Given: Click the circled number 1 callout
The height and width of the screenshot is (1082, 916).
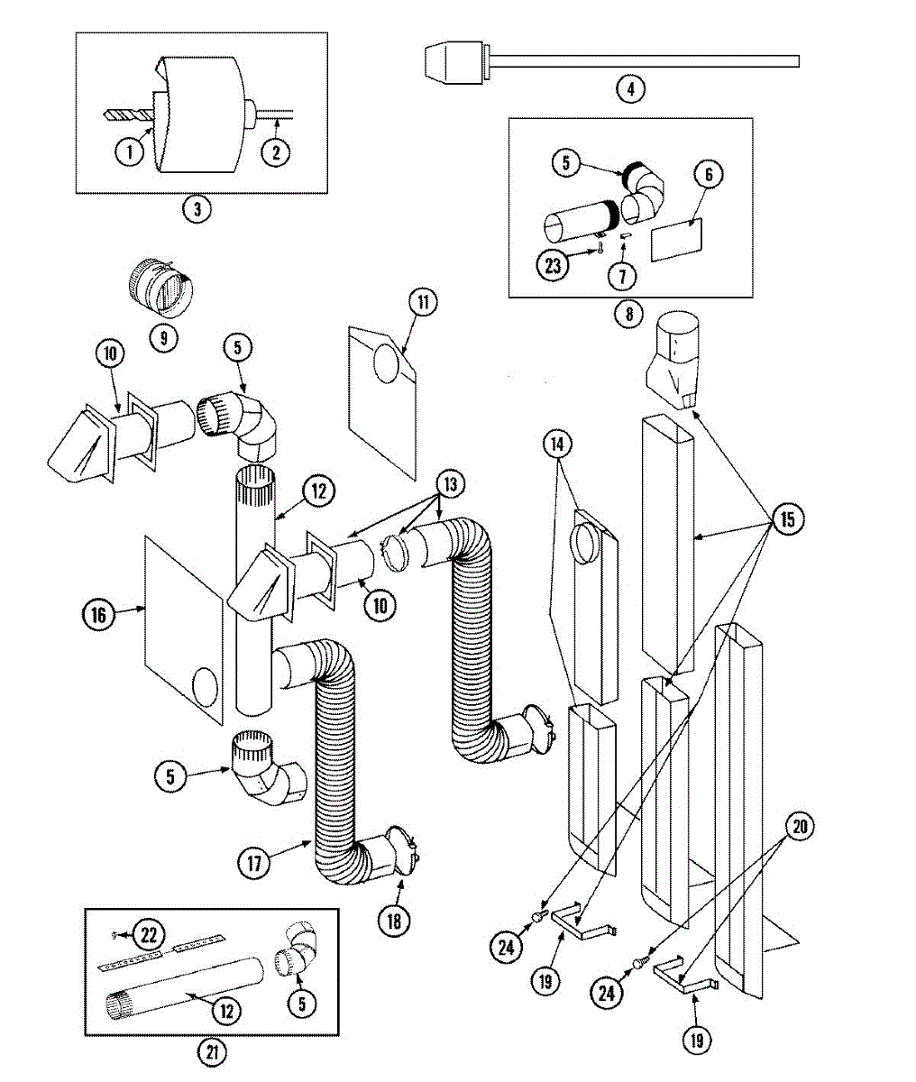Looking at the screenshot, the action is coord(129,152).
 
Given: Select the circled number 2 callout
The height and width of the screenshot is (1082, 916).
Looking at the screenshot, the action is coord(276,152).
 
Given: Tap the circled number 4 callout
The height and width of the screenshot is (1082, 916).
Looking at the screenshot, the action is coord(630,89).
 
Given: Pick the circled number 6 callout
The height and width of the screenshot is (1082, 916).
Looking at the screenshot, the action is coord(709,174).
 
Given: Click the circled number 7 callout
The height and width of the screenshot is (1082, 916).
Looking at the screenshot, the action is coord(622,276).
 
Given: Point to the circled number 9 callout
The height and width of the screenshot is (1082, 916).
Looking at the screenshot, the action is coord(164,338).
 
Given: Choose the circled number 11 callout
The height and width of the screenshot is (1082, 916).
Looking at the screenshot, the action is coord(423,302).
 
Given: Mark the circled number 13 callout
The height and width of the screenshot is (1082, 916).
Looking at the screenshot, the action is coord(450,484).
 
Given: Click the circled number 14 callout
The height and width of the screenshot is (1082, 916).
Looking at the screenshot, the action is coord(557,444).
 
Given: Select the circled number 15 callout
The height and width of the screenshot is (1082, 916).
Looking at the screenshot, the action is coord(788,519).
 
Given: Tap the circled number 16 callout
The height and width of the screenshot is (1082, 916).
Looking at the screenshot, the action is coord(98,615).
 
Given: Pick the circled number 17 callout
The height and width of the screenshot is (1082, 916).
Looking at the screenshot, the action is coord(254,863).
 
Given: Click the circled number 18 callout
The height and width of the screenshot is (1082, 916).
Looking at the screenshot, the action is coord(394,922).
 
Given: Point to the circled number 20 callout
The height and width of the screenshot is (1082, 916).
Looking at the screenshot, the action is coord(800,827).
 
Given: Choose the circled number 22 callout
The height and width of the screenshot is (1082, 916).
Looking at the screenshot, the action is coord(149,935).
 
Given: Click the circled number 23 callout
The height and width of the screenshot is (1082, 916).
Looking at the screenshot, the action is coord(553,266).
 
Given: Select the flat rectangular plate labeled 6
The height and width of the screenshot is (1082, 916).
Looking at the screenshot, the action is coord(676,240).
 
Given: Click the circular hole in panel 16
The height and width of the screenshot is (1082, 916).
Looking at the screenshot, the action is coord(205,688).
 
